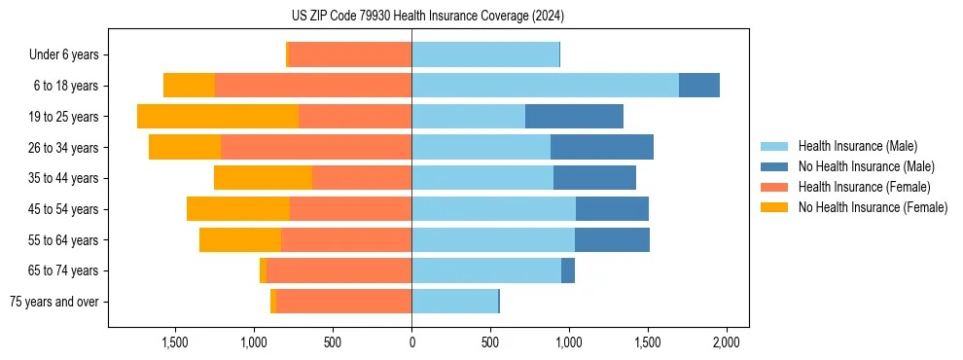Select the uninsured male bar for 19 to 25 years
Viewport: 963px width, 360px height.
574,117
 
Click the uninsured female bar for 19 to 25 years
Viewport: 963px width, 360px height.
218,117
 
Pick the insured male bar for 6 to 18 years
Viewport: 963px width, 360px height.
545,86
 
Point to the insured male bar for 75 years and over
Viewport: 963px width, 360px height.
454,302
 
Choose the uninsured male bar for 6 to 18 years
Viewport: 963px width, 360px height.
699,86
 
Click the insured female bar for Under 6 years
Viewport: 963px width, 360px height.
350,54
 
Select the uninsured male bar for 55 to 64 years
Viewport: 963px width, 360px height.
612,239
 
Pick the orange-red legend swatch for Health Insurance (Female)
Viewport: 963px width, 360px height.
774,187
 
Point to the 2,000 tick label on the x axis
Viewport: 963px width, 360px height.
727,342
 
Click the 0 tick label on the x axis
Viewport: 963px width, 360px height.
411,342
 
